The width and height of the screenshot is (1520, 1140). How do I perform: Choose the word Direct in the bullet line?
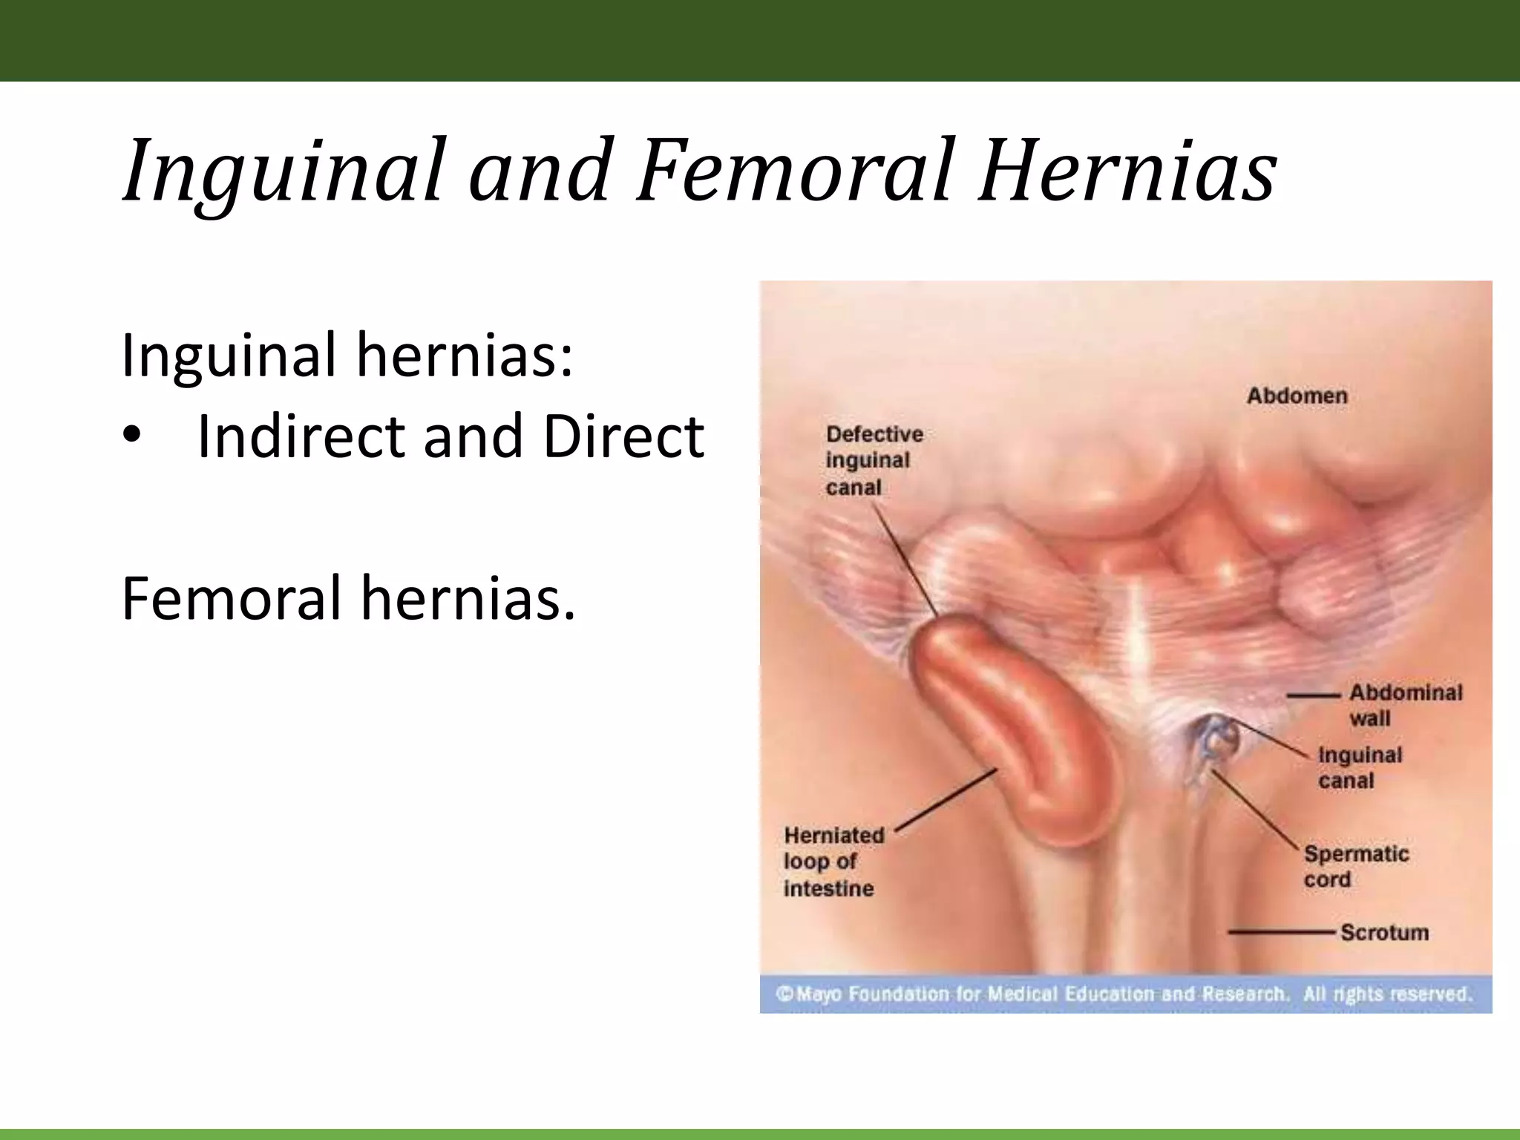tap(623, 436)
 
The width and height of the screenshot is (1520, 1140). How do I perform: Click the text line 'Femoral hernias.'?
tap(348, 598)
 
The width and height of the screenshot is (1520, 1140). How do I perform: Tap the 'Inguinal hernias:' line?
tap(347, 356)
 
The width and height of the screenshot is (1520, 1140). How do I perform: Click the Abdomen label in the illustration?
tap(1297, 396)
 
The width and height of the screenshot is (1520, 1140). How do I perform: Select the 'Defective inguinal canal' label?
tap(874, 460)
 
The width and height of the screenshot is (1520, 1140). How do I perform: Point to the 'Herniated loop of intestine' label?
tap(833, 861)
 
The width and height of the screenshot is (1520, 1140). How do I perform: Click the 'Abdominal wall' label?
tap(1403, 705)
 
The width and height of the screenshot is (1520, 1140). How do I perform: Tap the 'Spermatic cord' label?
tap(1355, 866)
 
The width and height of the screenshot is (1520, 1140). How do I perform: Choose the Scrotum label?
tap(1383, 932)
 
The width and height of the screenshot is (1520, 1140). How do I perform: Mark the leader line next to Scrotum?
tap(1282, 931)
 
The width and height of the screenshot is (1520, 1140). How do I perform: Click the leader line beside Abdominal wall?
tap(1313, 695)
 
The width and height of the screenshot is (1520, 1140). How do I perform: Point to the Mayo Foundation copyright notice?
tap(1122, 994)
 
